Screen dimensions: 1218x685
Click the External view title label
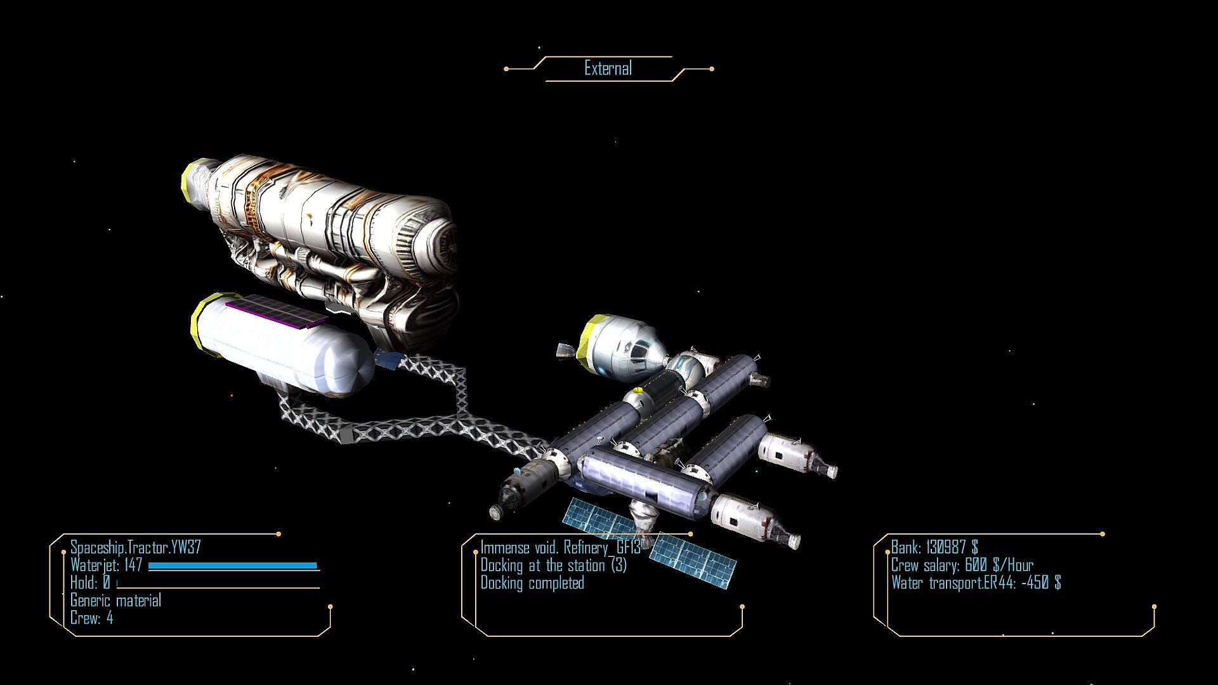pyautogui.click(x=608, y=68)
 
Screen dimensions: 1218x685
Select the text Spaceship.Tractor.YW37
pyautogui.click(x=136, y=547)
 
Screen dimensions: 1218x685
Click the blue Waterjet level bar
pyautogui.click(x=232, y=566)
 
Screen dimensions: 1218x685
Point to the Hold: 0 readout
pyautogui.click(x=90, y=582)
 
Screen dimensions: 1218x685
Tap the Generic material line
pyautogui.click(x=115, y=600)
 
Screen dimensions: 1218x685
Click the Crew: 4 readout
pyautogui.click(x=91, y=618)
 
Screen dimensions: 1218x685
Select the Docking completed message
pyautogui.click(x=532, y=583)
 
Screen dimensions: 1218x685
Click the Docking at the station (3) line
pyautogui.click(x=553, y=565)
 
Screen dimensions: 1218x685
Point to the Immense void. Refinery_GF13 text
pyautogui.click(x=560, y=547)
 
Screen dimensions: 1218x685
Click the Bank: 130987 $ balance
pyautogui.click(x=934, y=547)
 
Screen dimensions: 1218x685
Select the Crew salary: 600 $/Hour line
pyautogui.click(x=962, y=564)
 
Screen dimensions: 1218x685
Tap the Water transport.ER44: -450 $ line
pyautogui.click(x=976, y=582)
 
